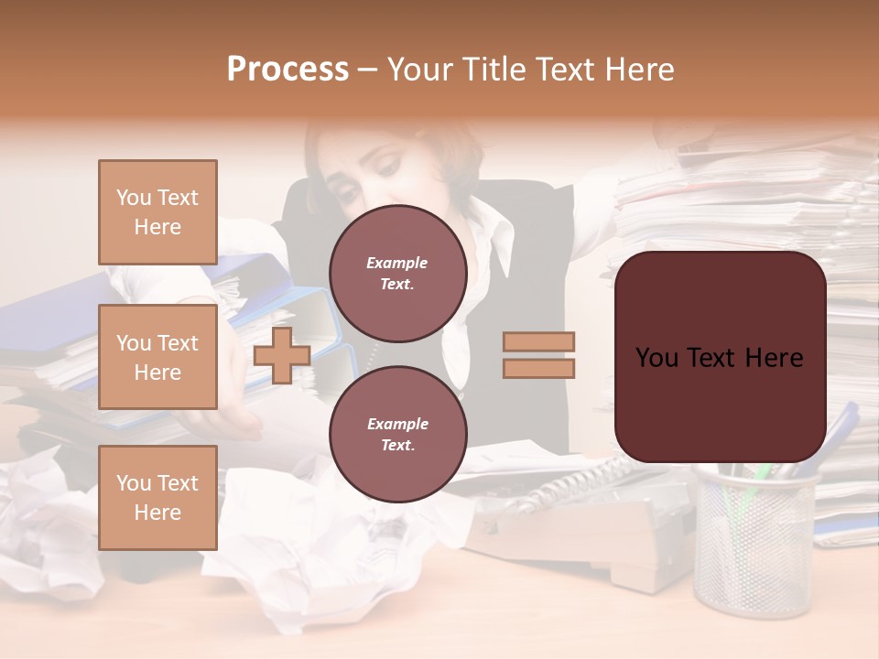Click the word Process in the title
pos(288,70)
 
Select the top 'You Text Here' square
pos(157,212)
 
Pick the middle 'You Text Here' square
pos(157,357)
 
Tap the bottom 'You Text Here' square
pos(157,497)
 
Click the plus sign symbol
pos(282,356)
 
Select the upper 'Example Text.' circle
pos(397,274)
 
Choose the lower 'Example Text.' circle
pos(397,434)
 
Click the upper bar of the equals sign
pos(538,342)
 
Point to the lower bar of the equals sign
pos(538,368)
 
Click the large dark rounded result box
pos(720,357)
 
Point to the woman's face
pos(385,165)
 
